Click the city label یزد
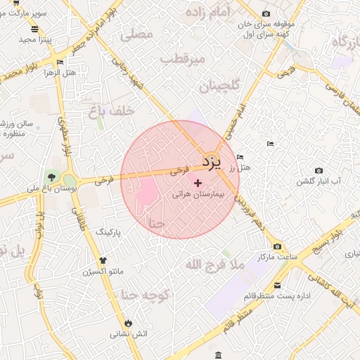point(212,162)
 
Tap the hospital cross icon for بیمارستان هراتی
point(197,182)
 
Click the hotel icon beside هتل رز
point(241,157)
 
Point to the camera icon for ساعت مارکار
point(278,246)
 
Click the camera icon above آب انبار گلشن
point(319,170)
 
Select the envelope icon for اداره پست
point(278,285)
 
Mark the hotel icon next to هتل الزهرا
point(59,62)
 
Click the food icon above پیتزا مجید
point(35,29)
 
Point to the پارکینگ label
point(109,231)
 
